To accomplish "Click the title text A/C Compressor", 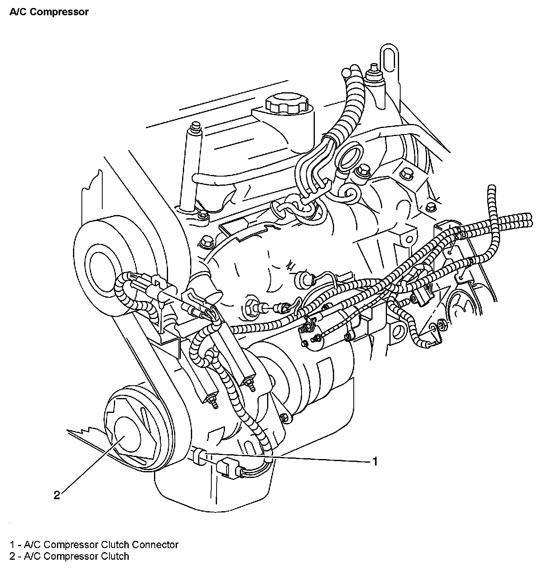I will click(x=49, y=12).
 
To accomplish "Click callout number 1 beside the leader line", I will click(x=375, y=461).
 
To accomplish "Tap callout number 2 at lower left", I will click(x=57, y=495).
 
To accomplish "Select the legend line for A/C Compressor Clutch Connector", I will click(x=94, y=545).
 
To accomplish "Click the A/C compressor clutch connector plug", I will click(x=226, y=467).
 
